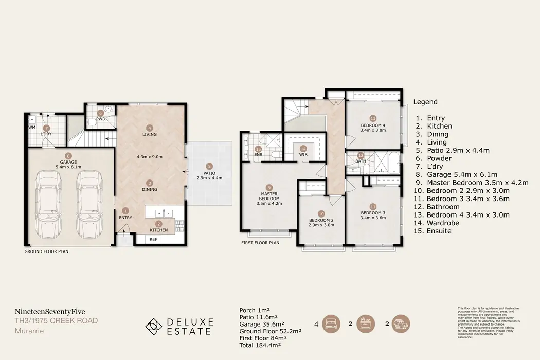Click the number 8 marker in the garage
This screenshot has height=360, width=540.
[x=68, y=156]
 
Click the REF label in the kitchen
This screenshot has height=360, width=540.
[x=153, y=239]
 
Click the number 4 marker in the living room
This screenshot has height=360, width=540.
[x=149, y=128]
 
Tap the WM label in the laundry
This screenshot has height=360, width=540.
[x=32, y=127]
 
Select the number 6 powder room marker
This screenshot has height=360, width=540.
[x=101, y=113]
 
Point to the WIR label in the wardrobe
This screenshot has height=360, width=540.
[x=303, y=155]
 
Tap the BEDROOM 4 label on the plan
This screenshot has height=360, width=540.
[x=372, y=125]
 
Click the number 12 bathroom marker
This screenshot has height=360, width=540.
[x=361, y=155]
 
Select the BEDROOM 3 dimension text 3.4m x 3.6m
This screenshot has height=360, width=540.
[x=373, y=218]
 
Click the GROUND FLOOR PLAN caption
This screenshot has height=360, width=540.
[x=46, y=252]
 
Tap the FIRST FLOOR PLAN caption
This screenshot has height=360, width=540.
[x=260, y=243]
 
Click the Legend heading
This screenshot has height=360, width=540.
[x=425, y=102]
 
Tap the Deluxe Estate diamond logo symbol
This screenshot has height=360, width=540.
[x=153, y=327]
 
